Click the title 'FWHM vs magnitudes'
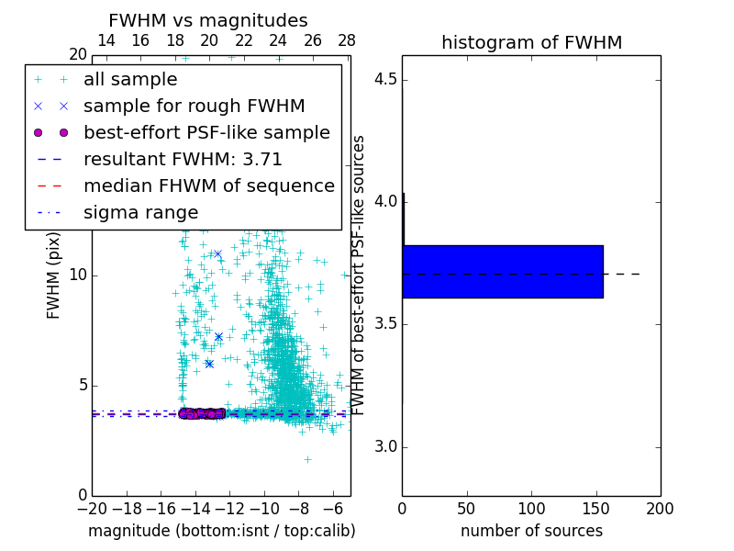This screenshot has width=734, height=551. click(x=207, y=20)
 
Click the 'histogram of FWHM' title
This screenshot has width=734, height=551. click(x=531, y=42)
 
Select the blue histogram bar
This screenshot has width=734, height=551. click(x=502, y=272)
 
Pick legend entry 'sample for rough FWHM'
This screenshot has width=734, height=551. click(x=194, y=106)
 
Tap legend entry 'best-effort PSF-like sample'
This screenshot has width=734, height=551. click(x=206, y=132)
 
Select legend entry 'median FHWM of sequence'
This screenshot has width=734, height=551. click(x=208, y=186)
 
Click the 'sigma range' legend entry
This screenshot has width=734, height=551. click(x=140, y=212)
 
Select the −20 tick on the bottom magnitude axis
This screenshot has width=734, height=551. click(x=92, y=509)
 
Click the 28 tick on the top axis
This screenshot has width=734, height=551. click(x=347, y=40)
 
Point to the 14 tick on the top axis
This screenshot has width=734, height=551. click(x=106, y=40)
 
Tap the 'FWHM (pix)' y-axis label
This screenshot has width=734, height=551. click(x=54, y=275)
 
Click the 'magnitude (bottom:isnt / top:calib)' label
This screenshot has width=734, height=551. click(x=221, y=531)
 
